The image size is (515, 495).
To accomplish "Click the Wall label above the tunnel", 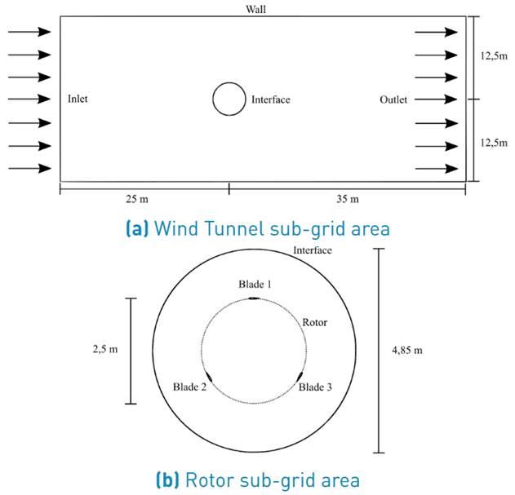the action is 255,9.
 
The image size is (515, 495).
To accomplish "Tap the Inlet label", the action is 78,99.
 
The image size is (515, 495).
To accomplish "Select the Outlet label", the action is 393,99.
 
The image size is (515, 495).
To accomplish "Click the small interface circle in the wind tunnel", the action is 229,82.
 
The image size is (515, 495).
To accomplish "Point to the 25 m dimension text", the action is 137,199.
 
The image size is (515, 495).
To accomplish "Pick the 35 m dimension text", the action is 348,199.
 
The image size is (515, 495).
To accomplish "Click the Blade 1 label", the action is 255,284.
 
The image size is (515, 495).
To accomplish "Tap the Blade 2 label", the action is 190,387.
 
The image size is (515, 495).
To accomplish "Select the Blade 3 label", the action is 315,387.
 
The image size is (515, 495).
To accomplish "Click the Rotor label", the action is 315,322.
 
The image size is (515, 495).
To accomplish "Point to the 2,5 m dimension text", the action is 105,349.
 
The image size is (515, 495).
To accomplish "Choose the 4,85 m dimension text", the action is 407,350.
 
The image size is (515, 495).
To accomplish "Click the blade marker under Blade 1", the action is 254,298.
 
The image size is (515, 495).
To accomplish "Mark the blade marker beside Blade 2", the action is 208,377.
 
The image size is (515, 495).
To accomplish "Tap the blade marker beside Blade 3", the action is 300,377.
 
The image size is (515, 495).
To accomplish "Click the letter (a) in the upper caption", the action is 137,228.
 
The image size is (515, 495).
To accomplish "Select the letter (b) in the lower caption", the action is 167,480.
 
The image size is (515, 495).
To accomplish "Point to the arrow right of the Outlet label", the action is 436,99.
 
